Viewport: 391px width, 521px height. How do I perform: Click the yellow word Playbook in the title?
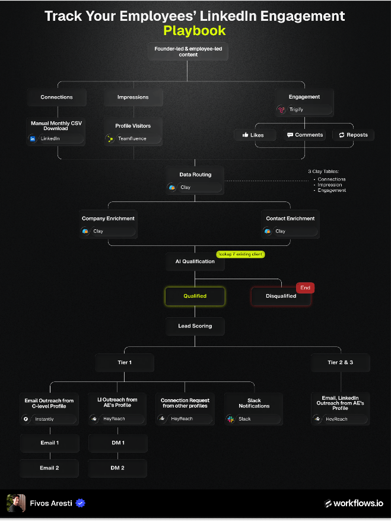pyautogui.click(x=195, y=30)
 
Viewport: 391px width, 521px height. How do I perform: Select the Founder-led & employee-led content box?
pyautogui.click(x=188, y=52)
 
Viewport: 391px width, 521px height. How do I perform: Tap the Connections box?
pyautogui.click(x=57, y=97)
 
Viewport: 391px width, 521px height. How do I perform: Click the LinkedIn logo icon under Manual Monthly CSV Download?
pyautogui.click(x=32, y=138)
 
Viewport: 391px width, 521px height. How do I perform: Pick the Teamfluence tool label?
pyautogui.click(x=132, y=138)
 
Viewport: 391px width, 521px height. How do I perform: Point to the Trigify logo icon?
pyautogui.click(x=281, y=110)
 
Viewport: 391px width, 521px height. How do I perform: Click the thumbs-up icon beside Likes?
pyautogui.click(x=245, y=135)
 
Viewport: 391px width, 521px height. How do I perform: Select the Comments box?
pyautogui.click(x=305, y=135)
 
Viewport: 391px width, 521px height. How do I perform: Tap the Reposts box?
pyautogui.click(x=353, y=135)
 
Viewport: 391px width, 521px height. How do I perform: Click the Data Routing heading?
pyautogui.click(x=195, y=175)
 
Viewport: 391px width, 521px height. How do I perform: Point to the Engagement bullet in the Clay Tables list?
pyautogui.click(x=332, y=190)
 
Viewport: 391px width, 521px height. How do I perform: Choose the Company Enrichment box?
pyautogui.click(x=108, y=225)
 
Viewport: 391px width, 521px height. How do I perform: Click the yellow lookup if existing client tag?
pyautogui.click(x=241, y=254)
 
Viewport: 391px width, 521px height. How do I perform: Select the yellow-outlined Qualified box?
pyautogui.click(x=195, y=296)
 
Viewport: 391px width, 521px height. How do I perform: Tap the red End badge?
pyautogui.click(x=305, y=288)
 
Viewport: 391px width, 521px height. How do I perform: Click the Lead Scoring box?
pyautogui.click(x=195, y=326)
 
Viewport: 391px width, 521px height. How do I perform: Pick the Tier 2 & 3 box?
pyautogui.click(x=340, y=362)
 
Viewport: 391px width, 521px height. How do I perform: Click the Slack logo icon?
pyautogui.click(x=230, y=419)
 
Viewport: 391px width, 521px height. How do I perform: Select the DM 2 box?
pyautogui.click(x=117, y=468)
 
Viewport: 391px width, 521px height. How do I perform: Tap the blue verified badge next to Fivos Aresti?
pyautogui.click(x=80, y=503)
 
